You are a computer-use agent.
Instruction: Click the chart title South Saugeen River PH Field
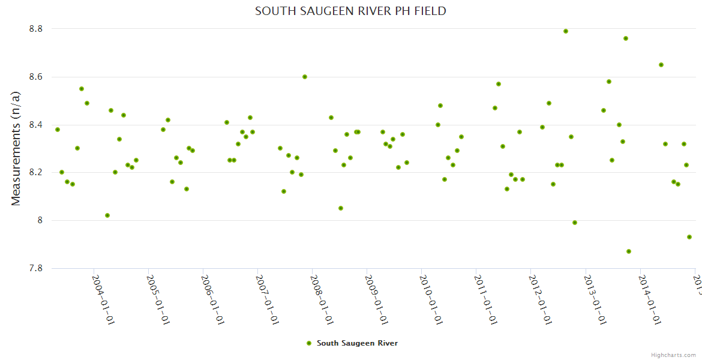pos(350,11)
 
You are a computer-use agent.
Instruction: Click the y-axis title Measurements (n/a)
pos(16,148)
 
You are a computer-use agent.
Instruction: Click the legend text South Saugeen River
pos(357,343)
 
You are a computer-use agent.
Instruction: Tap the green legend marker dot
pos(309,343)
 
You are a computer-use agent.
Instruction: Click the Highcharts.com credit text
pos(673,355)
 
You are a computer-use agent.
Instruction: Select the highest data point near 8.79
pos(566,31)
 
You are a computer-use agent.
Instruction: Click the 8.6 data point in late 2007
pos(305,77)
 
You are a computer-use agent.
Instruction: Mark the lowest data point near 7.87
pos(629,251)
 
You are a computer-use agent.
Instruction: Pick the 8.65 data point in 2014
pos(661,65)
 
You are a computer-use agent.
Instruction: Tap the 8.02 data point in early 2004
pos(107,215)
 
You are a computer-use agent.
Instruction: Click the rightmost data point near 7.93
pos(689,237)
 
